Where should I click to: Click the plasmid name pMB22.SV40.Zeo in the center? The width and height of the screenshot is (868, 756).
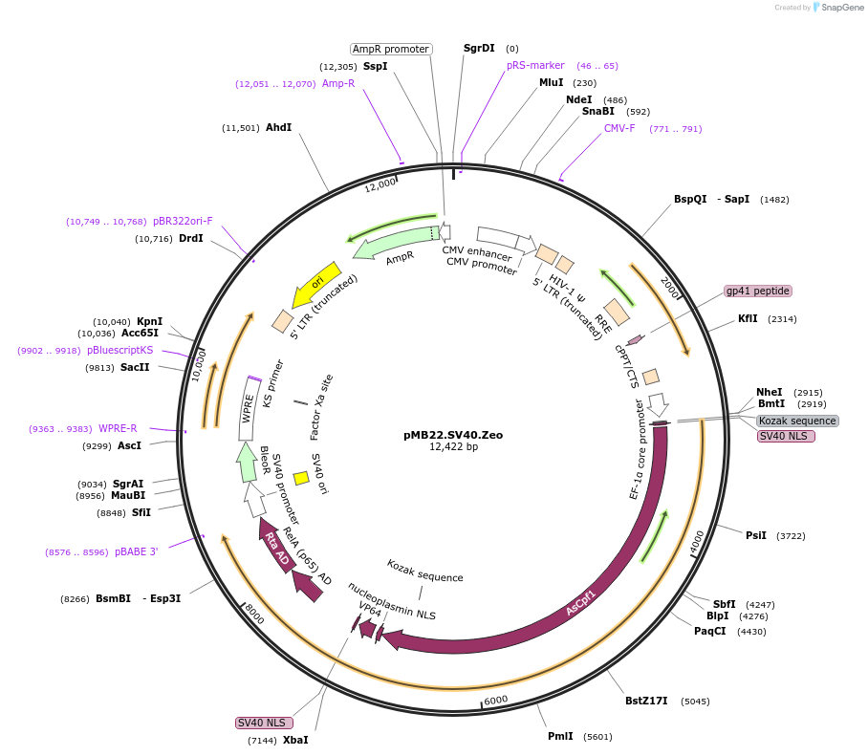pyautogui.click(x=453, y=434)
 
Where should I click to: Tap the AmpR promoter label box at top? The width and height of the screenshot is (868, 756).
pyautogui.click(x=391, y=49)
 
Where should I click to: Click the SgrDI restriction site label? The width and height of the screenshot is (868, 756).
pyautogui.click(x=479, y=48)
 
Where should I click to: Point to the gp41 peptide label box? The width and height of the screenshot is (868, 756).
pyautogui.click(x=757, y=291)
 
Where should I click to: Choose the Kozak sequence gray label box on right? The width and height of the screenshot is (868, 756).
pyautogui.click(x=797, y=421)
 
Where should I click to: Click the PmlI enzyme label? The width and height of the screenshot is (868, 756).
pyautogui.click(x=560, y=736)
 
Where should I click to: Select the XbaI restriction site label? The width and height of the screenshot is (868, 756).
pyautogui.click(x=295, y=740)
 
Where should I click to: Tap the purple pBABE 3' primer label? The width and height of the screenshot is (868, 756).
pyautogui.click(x=136, y=551)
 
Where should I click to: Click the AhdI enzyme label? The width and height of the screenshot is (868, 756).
pyautogui.click(x=278, y=127)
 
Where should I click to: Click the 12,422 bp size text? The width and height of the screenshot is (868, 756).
pyautogui.click(x=453, y=446)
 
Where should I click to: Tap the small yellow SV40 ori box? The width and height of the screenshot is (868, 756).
pyautogui.click(x=300, y=477)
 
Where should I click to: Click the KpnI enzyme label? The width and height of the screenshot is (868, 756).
pyautogui.click(x=149, y=321)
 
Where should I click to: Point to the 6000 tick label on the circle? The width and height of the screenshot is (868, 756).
pyautogui.click(x=496, y=700)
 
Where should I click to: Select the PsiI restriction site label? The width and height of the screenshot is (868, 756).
pyautogui.click(x=756, y=535)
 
